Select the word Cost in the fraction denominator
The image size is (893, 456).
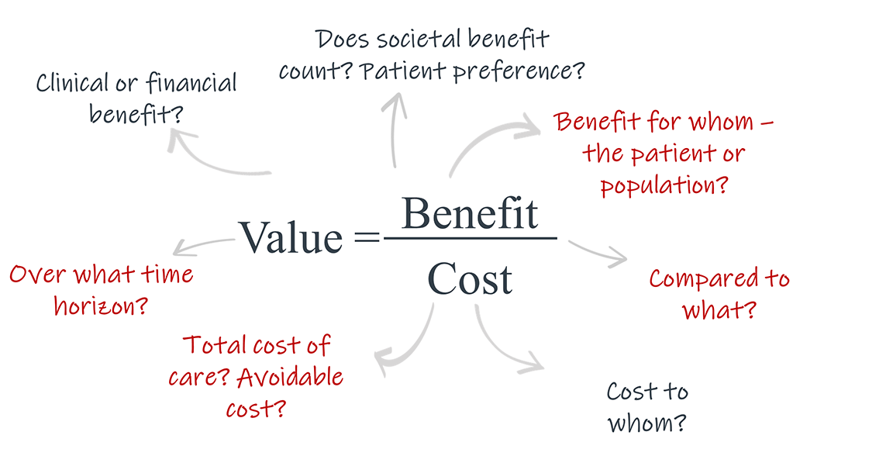click(470, 278)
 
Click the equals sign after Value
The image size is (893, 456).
click(366, 238)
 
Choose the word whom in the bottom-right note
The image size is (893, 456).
click(646, 423)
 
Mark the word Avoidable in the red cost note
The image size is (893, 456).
click(290, 377)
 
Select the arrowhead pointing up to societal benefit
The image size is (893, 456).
click(395, 101)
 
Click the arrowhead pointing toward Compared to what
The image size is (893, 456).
click(618, 257)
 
